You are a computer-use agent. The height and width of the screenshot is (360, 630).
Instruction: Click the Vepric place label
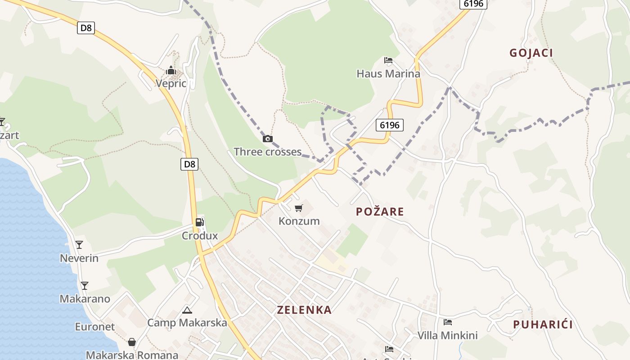tap(171, 83)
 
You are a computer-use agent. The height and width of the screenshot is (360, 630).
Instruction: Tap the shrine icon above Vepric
tap(171, 71)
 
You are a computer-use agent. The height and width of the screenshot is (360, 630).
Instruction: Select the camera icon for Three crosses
tap(268, 139)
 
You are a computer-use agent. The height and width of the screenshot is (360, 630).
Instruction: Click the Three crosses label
tap(268, 152)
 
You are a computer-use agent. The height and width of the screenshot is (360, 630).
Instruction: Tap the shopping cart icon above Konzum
tap(298, 208)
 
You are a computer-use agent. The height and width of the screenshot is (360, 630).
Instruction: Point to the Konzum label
tap(299, 221)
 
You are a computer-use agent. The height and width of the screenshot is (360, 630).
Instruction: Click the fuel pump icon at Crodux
tap(199, 222)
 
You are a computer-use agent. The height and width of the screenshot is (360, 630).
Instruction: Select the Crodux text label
tap(200, 235)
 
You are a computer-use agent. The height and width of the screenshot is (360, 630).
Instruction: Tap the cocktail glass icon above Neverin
tap(79, 245)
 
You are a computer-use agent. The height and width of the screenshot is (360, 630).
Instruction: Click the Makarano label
tap(85, 299)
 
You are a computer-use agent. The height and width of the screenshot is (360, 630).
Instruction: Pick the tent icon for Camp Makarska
tap(187, 310)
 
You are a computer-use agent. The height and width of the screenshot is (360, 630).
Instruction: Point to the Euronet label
tap(95, 327)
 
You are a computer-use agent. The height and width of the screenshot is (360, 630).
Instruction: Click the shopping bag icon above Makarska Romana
tap(132, 342)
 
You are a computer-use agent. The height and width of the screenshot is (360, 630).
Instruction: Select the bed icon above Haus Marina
tap(388, 60)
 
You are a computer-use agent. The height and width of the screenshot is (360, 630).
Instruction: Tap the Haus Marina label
tap(388, 73)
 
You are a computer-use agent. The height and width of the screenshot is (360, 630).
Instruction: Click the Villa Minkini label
tap(448, 335)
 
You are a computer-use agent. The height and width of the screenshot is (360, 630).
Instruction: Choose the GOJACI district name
tap(531, 53)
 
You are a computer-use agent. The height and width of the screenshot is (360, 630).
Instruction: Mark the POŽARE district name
tap(380, 211)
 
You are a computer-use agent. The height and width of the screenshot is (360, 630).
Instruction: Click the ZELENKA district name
tap(304, 310)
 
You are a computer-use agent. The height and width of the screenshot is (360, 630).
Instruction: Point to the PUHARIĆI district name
tap(543, 324)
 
